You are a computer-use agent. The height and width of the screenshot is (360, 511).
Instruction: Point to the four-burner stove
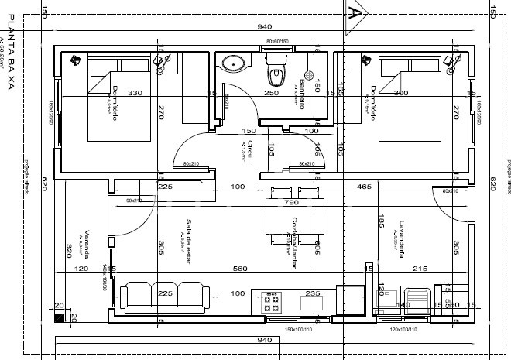click(x=273, y=303)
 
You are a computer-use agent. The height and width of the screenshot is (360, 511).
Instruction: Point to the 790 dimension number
click(x=291, y=203)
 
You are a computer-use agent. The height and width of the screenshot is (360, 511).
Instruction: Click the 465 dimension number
click(x=385, y=187)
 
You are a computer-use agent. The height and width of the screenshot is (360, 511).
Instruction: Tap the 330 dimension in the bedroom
click(x=135, y=94)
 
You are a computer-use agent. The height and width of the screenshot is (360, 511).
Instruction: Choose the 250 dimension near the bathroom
click(x=270, y=94)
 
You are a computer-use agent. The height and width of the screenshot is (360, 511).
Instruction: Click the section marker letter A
click(x=355, y=13)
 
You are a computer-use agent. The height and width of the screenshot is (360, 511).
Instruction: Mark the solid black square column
click(x=60, y=317)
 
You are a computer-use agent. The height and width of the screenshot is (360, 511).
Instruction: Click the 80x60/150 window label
click(x=276, y=41)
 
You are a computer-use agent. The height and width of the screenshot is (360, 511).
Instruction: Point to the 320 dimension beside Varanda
click(x=69, y=250)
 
